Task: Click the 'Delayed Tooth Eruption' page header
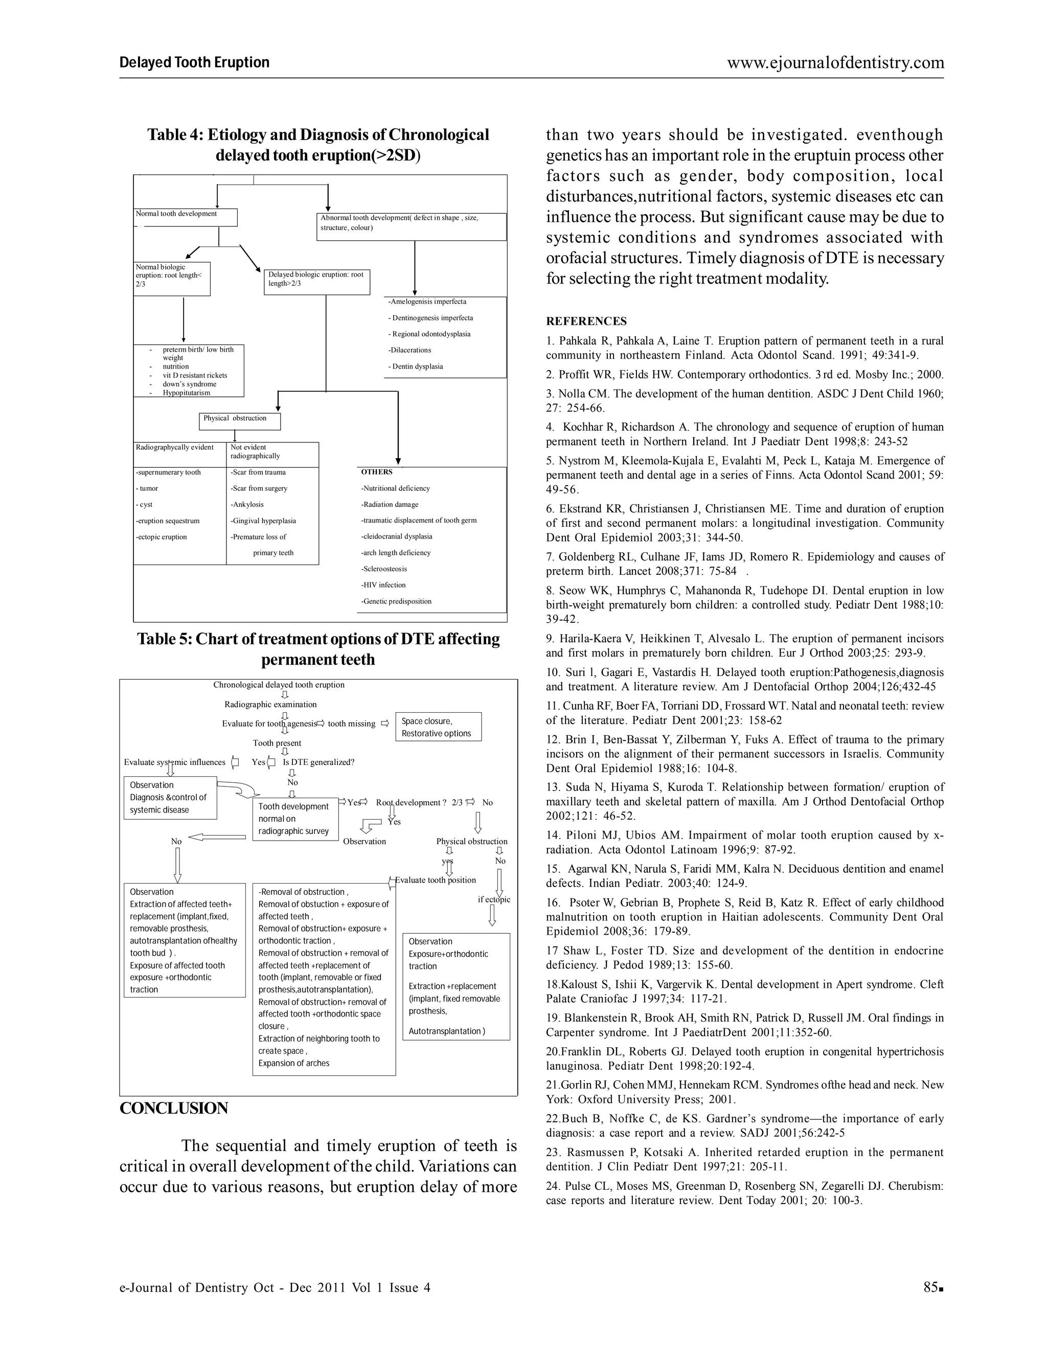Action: point(194,63)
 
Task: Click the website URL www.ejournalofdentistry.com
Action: point(835,63)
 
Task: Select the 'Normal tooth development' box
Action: point(185,217)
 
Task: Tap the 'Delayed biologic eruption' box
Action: point(316,282)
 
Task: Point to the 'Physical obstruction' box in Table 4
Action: point(239,421)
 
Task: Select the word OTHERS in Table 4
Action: point(376,472)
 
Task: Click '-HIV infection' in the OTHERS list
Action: point(383,585)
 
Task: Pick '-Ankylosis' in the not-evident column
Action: point(247,504)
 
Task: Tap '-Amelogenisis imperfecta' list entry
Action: point(427,302)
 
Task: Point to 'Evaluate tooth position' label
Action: point(436,880)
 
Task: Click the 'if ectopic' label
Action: point(494,899)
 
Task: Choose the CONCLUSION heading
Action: point(174,1108)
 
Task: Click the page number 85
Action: point(930,1288)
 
